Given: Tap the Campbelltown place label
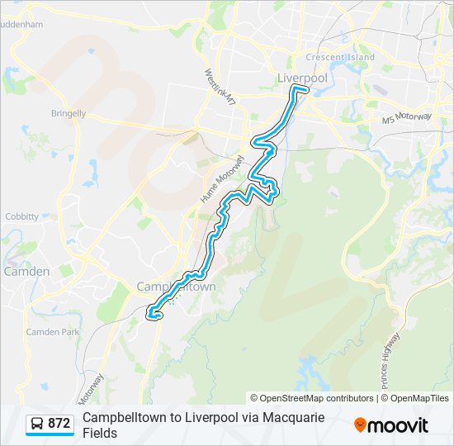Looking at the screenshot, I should coord(176,287).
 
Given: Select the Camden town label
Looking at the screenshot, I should coord(26,271).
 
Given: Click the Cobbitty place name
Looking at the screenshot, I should coord(21,216).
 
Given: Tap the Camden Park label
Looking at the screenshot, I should coord(53,331).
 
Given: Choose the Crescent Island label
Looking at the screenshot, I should coord(339,57).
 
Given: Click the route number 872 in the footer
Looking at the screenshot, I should coord(59,424).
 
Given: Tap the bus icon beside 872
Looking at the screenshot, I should coord(37,425).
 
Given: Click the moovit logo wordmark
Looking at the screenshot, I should coord(399,425).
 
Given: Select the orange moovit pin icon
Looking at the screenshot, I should coord(360,425).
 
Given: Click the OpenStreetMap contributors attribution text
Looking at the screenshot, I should coord(312,398).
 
